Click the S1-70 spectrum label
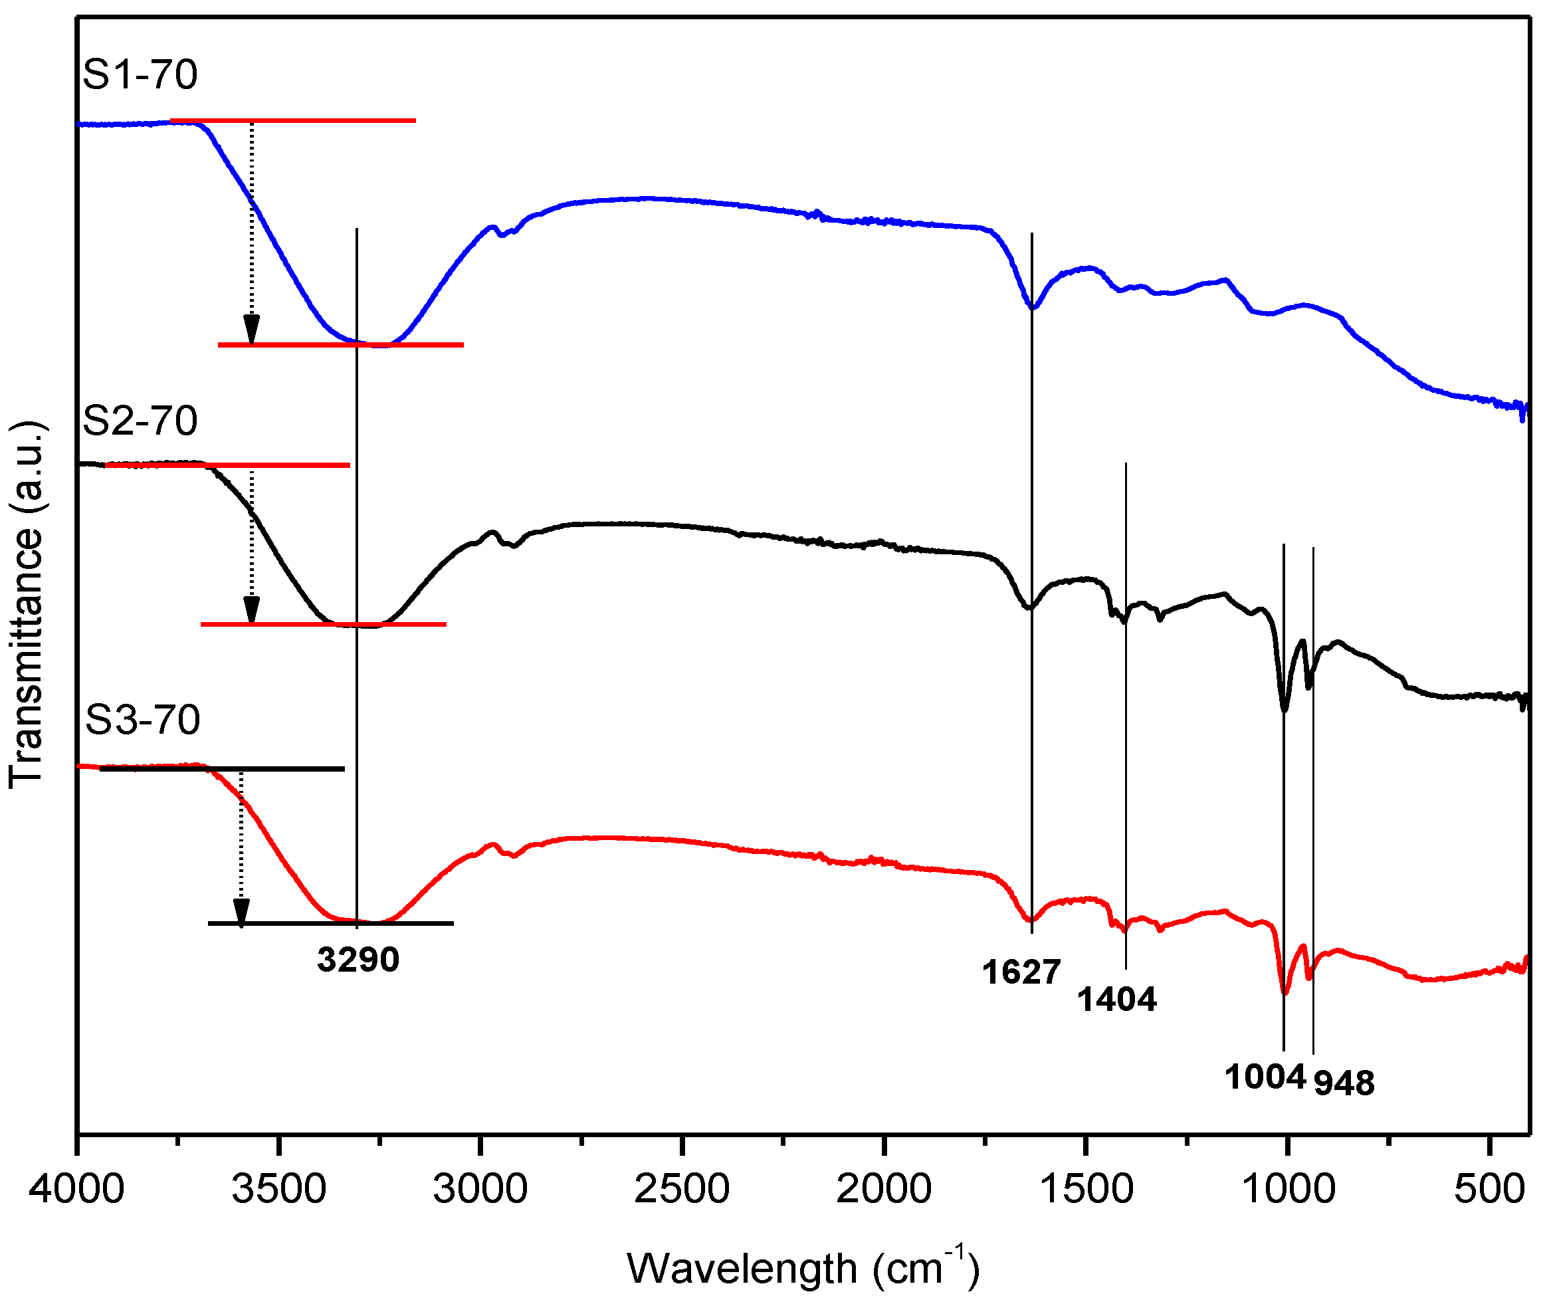tap(140, 74)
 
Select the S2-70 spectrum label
tap(140, 421)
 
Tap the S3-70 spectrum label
tap(142, 720)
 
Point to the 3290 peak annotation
tap(358, 960)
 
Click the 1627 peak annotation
tap(1021, 973)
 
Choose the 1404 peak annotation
tap(1117, 1000)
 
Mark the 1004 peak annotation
tap(1265, 1078)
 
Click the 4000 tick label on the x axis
tap(76, 1190)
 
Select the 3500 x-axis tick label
tap(278, 1190)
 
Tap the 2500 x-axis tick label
tap(682, 1190)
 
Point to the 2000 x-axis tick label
tap(883, 1190)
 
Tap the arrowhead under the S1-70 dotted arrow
tap(252, 329)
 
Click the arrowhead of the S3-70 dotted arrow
tap(241, 912)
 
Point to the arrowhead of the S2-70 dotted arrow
tap(252, 609)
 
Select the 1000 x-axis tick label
tap(1288, 1190)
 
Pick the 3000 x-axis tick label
tap(480, 1190)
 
